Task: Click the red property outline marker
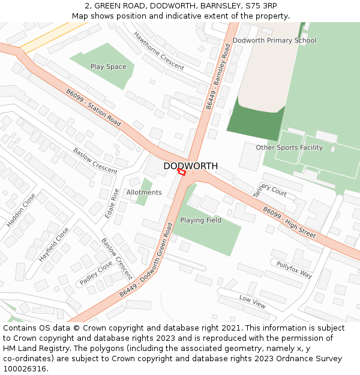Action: tap(181, 172)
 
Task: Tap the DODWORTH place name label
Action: tap(191, 166)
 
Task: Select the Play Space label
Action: tap(108, 67)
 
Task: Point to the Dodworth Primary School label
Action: tap(274, 41)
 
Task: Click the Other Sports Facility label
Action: tap(289, 148)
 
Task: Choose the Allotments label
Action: tap(144, 193)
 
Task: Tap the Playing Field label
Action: tap(201, 220)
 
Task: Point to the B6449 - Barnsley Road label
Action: tap(218, 76)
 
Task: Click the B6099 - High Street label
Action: tap(289, 222)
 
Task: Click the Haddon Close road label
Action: tap(21, 210)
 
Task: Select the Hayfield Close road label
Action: tap(53, 244)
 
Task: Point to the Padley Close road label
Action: tap(95, 273)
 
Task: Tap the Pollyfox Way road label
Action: tap(294, 269)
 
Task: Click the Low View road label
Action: tap(252, 301)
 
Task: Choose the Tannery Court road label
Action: tap(269, 190)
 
